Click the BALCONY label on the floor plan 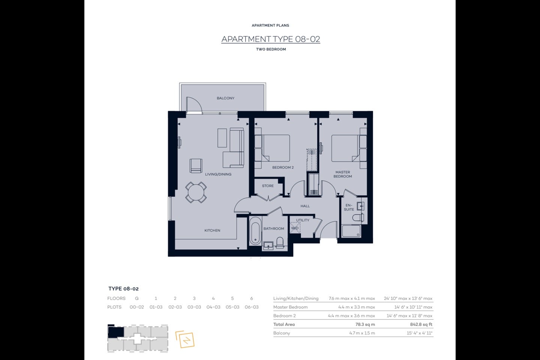point(225,98)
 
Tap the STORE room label point(268,186)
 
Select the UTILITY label point(303,220)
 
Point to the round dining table point(196,192)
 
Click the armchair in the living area point(196,166)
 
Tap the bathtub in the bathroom point(255,231)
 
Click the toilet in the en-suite point(358,217)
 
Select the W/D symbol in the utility point(295,228)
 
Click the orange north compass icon point(185,339)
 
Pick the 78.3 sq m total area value point(365,324)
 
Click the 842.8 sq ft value point(421,324)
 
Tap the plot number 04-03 point(213,307)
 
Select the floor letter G point(136,298)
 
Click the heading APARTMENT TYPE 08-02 point(271,39)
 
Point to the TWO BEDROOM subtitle point(271,49)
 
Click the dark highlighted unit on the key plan point(116,332)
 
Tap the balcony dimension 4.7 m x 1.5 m point(362,333)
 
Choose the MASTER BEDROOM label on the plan point(343,174)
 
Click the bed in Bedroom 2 point(276,148)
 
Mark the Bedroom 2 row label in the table point(285,316)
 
